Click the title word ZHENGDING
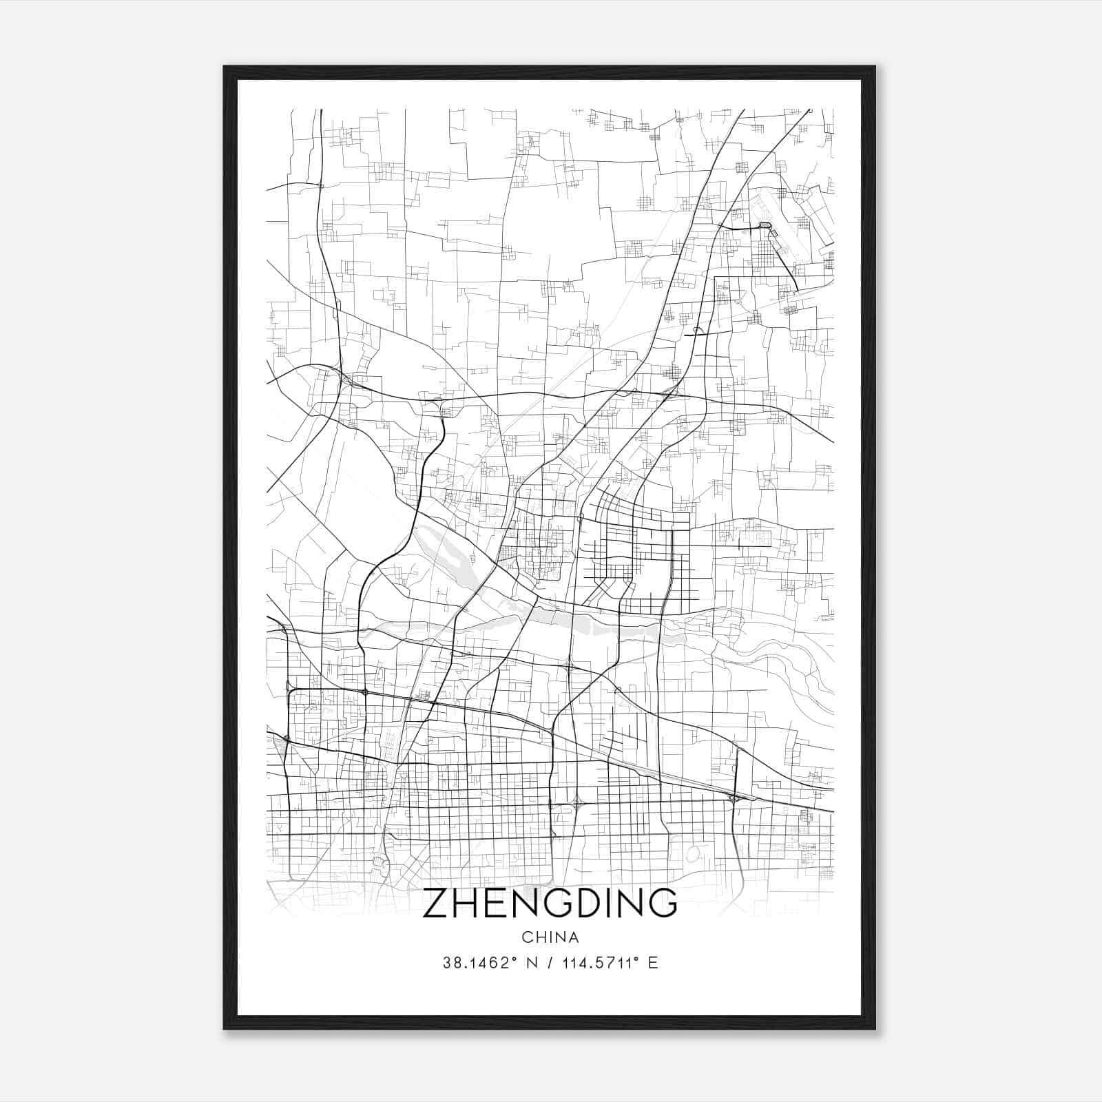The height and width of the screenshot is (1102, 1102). pos(550,903)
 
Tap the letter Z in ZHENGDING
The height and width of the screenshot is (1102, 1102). pos(436,903)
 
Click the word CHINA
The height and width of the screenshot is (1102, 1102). pos(550,937)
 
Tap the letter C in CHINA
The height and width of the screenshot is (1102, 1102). pos(527,937)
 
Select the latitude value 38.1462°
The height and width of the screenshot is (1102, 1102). pos(476,963)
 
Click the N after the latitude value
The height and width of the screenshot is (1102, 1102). pos(530,963)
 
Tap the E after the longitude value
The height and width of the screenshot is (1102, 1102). pos(653,963)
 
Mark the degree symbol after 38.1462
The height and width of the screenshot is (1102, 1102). pos(514,959)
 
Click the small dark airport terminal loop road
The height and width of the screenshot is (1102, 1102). pos(765,225)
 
